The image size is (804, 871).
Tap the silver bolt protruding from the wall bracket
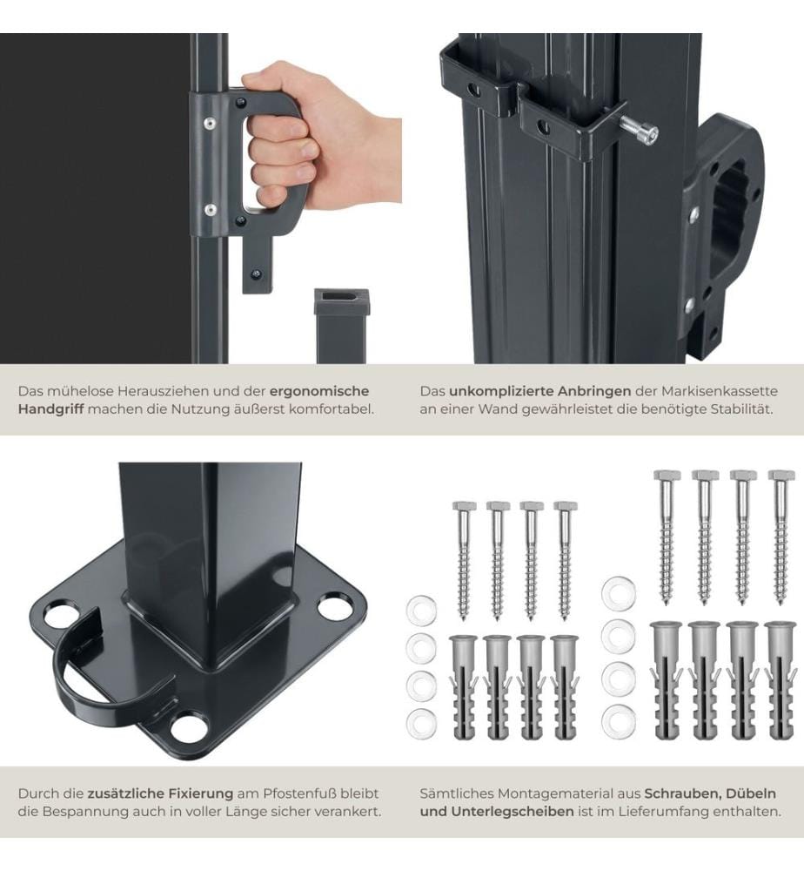(639, 128)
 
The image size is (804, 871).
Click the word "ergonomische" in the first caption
(319, 392)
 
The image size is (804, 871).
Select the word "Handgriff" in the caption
(51, 409)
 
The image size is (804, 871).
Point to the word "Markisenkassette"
(719, 391)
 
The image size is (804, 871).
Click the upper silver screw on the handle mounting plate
(210, 124)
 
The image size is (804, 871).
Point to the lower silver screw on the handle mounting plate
(211, 210)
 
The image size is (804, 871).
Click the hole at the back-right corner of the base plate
(335, 606)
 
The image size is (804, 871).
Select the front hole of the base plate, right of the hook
(189, 728)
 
